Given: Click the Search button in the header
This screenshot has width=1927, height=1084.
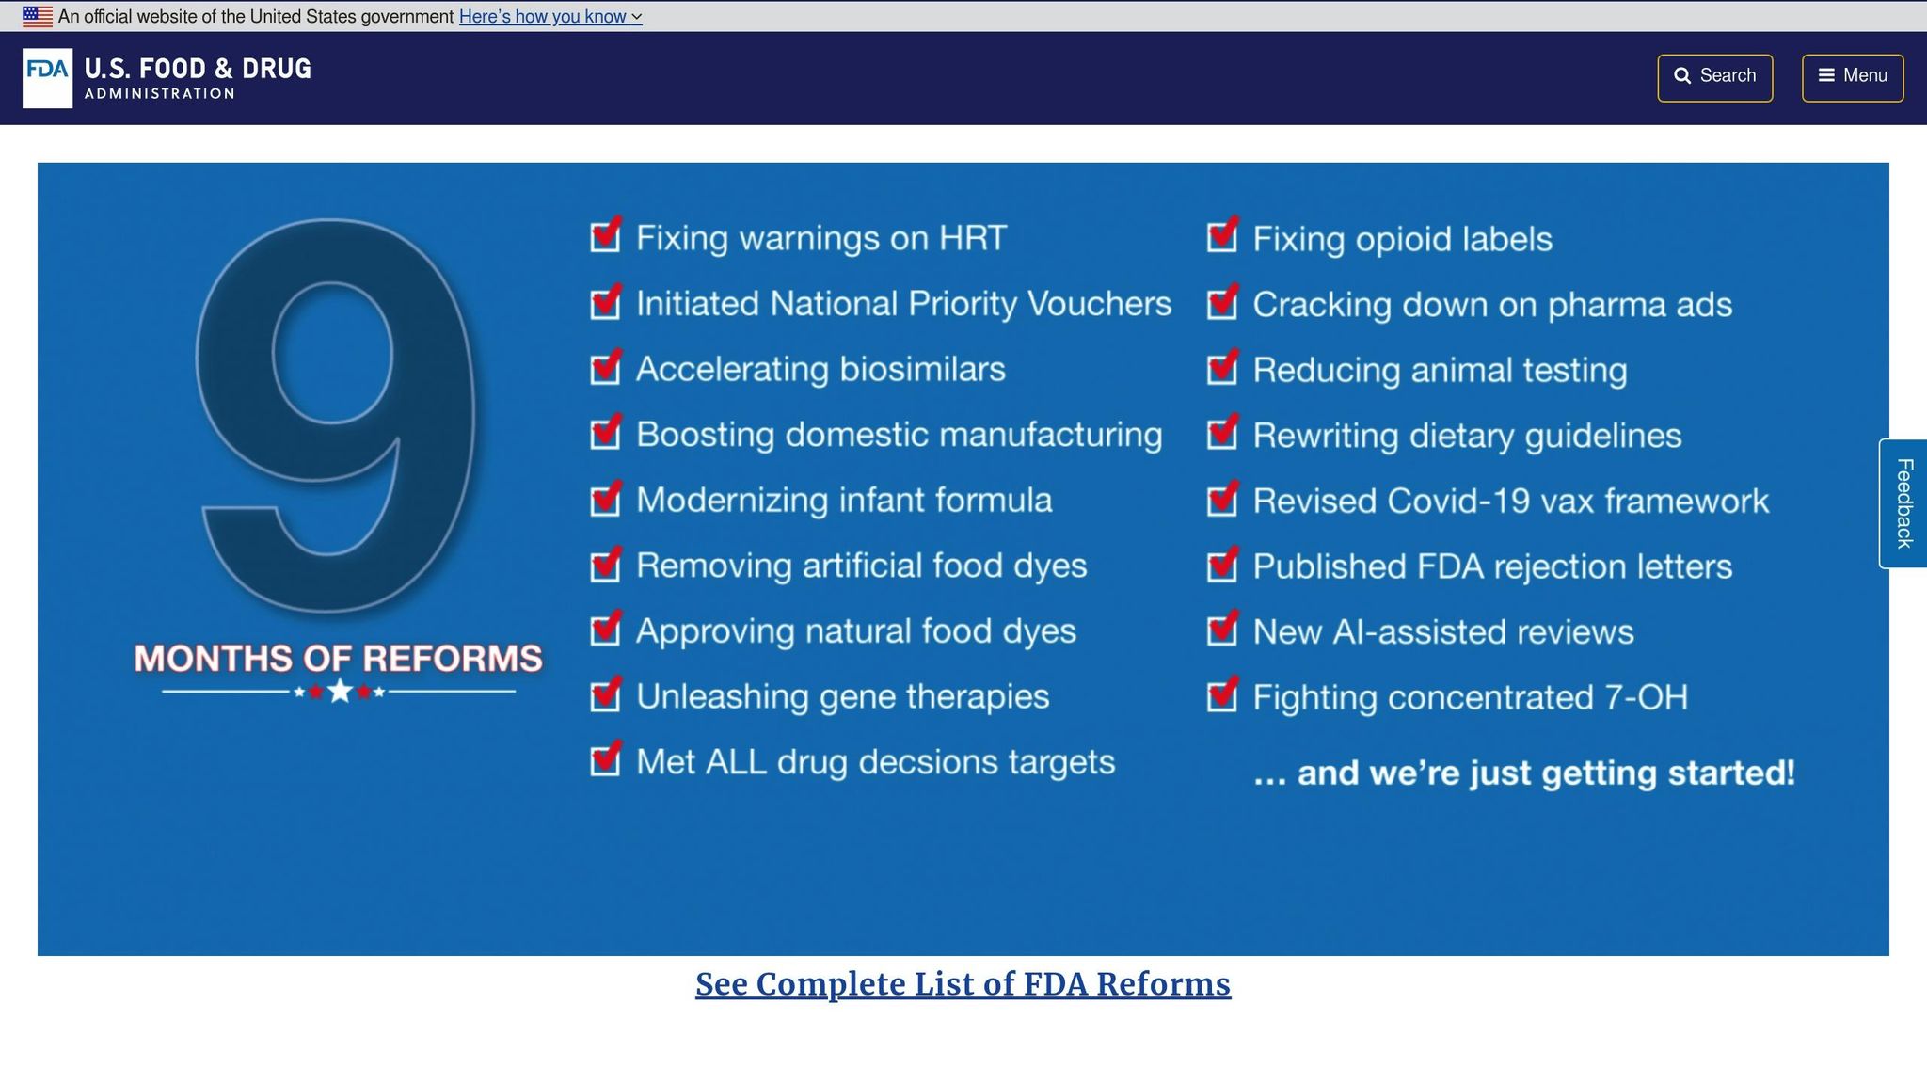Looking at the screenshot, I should click(1714, 77).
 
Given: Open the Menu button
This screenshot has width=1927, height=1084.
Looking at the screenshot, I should click(1852, 77).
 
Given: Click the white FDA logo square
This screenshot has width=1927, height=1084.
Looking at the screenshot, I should click(47, 78).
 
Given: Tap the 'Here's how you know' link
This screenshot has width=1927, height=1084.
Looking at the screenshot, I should click(549, 17).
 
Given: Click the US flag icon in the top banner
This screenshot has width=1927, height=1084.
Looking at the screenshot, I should click(38, 16).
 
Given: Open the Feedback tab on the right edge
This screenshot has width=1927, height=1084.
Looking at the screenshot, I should click(1903, 503).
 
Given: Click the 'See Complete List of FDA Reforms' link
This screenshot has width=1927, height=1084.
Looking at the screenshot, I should click(963, 984).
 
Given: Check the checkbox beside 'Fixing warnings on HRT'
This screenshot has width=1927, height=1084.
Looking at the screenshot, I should click(605, 236).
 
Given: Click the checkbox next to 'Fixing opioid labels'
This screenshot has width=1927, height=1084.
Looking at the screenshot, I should click(1221, 236).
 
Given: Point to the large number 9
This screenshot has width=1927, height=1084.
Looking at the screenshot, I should click(337, 414).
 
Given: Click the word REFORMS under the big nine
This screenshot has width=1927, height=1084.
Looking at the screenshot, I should click(453, 659).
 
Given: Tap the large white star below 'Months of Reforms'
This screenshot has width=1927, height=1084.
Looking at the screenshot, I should click(340, 692).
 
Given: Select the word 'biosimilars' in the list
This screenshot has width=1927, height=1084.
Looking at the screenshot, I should click(922, 369).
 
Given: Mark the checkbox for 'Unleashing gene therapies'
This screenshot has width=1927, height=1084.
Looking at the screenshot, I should click(605, 695).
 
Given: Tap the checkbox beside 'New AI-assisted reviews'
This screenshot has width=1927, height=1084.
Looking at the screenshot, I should click(1221, 630).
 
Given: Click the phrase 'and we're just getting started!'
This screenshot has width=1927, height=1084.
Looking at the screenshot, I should click(1545, 773).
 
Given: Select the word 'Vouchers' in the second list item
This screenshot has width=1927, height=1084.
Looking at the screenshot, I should click(1099, 304).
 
